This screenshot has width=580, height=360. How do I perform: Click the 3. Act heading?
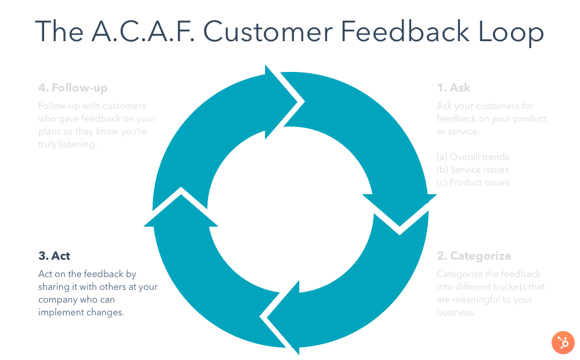[55, 256]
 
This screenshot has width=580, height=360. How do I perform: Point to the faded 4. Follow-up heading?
[73, 88]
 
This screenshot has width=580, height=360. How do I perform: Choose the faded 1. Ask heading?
[454, 88]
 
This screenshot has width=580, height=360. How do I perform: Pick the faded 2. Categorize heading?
[474, 256]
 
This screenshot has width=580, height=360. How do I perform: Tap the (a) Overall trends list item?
[473, 157]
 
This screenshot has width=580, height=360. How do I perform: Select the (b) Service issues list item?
[473, 169]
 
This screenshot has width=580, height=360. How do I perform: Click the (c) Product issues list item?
[473, 182]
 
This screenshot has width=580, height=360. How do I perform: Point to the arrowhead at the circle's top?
[284, 101]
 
